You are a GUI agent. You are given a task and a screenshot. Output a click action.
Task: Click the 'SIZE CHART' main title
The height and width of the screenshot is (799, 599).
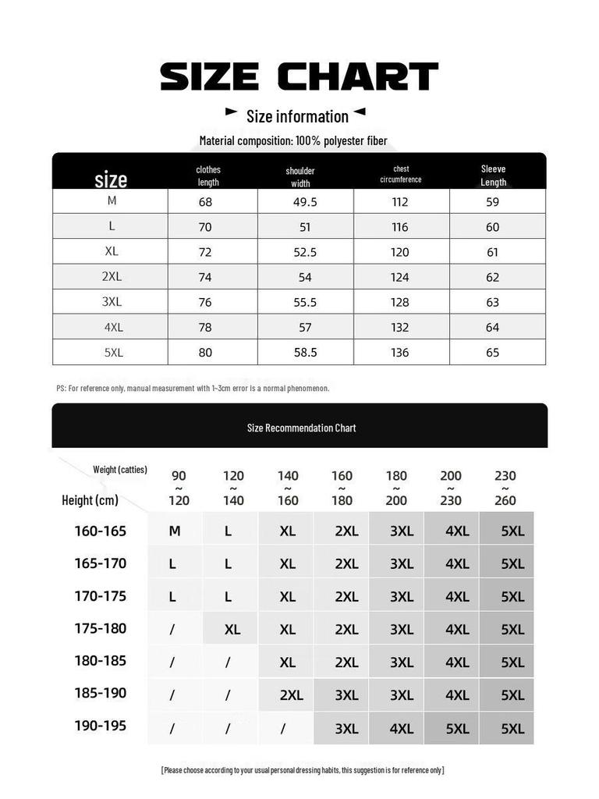click(x=299, y=77)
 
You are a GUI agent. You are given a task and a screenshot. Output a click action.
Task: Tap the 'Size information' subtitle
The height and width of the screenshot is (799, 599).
click(x=297, y=116)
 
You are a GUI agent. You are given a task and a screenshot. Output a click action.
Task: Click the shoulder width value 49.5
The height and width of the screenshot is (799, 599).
click(x=305, y=202)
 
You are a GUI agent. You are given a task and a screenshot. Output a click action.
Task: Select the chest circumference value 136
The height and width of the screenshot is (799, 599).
click(x=400, y=353)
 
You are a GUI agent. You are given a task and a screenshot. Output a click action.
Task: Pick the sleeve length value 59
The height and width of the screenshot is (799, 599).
click(x=492, y=202)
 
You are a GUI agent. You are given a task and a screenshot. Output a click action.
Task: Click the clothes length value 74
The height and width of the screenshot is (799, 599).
click(x=205, y=277)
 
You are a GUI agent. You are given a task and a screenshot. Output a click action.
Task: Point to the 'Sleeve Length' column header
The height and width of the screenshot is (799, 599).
click(x=493, y=176)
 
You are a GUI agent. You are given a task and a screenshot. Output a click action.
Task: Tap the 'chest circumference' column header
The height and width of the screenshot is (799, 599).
click(x=401, y=174)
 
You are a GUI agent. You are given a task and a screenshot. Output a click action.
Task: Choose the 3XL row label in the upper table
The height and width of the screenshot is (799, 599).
click(x=112, y=302)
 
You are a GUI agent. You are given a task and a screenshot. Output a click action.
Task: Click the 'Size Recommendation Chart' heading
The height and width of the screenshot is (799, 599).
click(x=301, y=428)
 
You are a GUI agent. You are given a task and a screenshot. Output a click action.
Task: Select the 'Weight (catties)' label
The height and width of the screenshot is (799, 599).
click(x=120, y=470)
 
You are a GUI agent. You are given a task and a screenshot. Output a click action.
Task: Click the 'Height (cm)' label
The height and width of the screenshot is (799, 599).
click(x=90, y=500)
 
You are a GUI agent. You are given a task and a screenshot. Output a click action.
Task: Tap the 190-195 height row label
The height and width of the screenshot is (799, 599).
click(x=100, y=726)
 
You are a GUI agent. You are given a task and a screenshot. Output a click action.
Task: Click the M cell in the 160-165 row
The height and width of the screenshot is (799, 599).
click(x=175, y=531)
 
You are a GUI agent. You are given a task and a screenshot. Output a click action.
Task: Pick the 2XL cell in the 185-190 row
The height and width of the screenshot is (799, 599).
click(x=291, y=695)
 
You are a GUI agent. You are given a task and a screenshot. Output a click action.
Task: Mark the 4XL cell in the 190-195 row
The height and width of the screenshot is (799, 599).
click(x=402, y=729)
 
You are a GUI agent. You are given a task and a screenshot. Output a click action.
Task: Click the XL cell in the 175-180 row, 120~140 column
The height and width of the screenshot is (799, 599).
click(x=232, y=630)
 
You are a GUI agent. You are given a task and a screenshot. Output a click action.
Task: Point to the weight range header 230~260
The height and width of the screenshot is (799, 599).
click(x=505, y=488)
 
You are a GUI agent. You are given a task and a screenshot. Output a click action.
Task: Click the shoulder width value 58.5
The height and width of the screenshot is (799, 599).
click(x=305, y=353)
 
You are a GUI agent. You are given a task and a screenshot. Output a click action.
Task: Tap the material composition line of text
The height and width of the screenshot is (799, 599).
click(x=293, y=141)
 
